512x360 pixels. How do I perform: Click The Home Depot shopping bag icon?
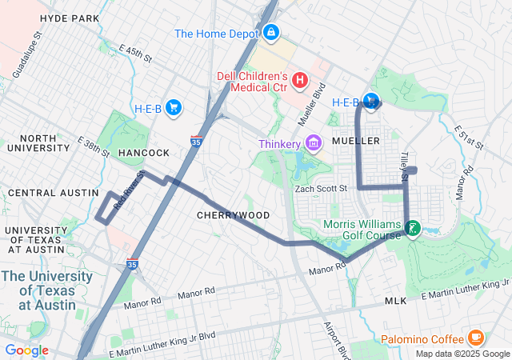coord(271,33)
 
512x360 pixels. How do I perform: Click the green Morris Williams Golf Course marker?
coord(412,228)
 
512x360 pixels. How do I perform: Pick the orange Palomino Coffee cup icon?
coord(475,337)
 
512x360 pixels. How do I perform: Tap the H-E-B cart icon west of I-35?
coord(174,108)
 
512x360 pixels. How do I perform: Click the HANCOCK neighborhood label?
coord(144,152)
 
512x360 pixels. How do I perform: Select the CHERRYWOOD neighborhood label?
coord(233,215)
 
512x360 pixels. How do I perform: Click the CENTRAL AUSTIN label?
coord(44,193)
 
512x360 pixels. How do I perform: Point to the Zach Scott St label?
coord(321,189)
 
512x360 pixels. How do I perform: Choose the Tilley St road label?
coord(404,166)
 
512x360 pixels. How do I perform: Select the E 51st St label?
coord(469,137)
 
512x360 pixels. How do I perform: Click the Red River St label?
coord(129,190)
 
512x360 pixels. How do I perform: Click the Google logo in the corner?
coord(26,350)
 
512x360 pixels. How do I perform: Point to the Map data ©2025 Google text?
coord(462,354)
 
